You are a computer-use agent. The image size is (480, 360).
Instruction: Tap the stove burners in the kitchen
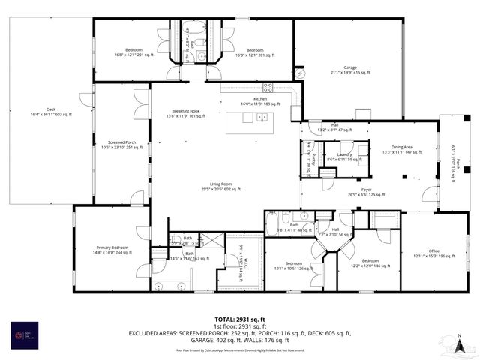(268, 87)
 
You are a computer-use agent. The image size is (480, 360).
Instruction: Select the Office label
(433, 253)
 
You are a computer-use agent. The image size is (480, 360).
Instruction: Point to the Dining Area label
(402, 149)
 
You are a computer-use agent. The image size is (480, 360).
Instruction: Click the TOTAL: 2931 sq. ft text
(239, 319)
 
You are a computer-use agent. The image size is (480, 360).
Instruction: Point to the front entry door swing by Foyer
(428, 194)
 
